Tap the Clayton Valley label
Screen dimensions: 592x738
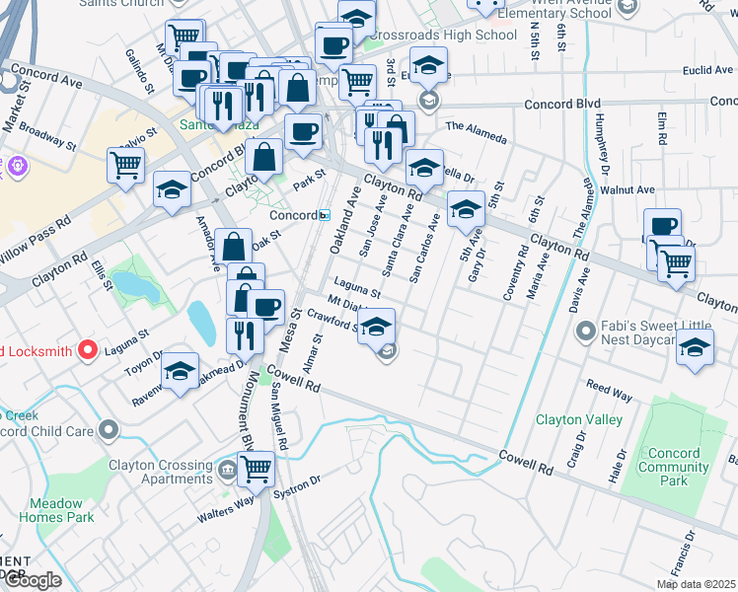point(578,419)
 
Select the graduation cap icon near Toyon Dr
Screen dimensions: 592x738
point(181,371)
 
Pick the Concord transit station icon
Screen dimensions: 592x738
point(325,215)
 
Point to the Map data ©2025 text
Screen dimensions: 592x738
point(696,584)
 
